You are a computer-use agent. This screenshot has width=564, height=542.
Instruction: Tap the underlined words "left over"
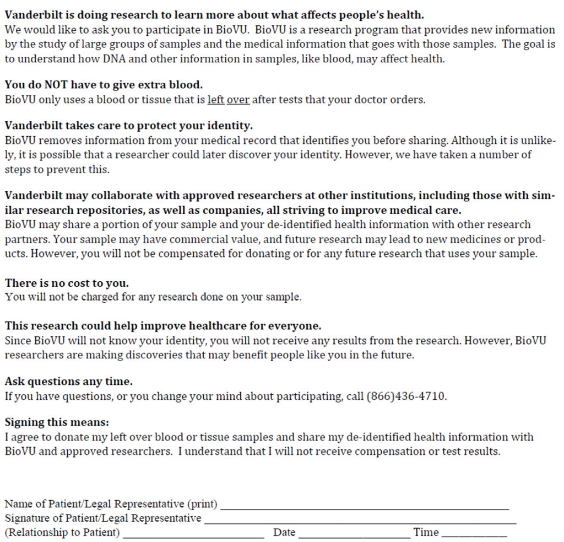coord(228,100)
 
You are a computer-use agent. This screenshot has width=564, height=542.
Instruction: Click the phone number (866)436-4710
coord(406,396)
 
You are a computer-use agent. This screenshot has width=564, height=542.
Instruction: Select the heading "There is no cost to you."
coord(67,283)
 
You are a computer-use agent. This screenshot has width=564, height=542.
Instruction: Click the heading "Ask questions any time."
coord(68,381)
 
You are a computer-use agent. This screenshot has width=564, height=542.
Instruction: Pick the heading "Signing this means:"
coord(57,422)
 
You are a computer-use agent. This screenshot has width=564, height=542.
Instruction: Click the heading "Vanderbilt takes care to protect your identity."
coord(128,126)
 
